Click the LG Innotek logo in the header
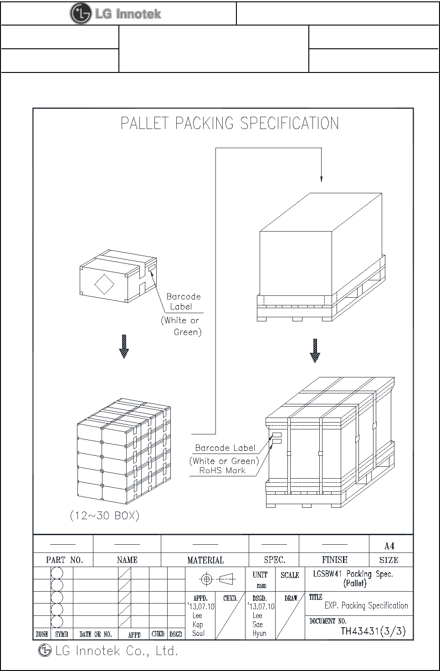[x=115, y=14]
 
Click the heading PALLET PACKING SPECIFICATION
[x=230, y=124]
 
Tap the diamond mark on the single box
[x=104, y=284]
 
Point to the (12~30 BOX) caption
[x=104, y=516]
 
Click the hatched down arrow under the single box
[x=124, y=346]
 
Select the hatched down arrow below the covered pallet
[x=315, y=350]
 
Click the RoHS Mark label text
[x=222, y=470]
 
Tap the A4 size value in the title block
[x=389, y=546]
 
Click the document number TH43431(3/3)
[x=373, y=631]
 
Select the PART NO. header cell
[x=64, y=560]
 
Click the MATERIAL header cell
[x=205, y=560]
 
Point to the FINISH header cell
[x=335, y=560]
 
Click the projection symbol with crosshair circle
[x=206, y=579]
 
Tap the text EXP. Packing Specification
[x=366, y=605]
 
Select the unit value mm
[x=261, y=585]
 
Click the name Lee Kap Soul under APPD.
[x=198, y=624]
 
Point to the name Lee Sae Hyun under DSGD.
[x=258, y=624]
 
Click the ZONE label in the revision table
[x=42, y=634]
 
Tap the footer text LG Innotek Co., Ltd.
[x=116, y=651]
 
